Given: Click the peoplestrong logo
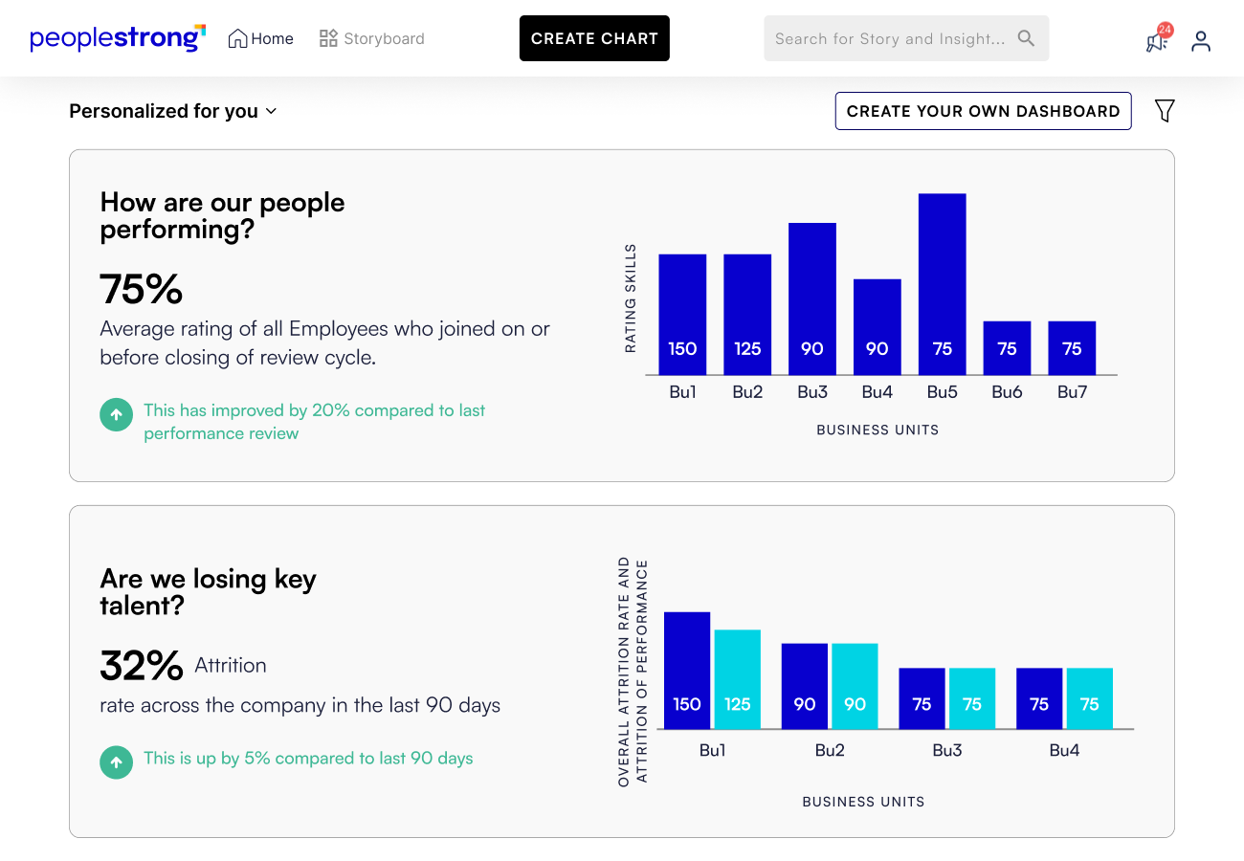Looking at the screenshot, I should coord(118,38).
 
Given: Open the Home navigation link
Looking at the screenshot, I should coord(260,38).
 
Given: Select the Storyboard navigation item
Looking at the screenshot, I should coord(371,38).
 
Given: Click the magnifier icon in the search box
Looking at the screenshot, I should coord(1026,38).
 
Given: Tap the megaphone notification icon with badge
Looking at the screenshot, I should coord(1157,40).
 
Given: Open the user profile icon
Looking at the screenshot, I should coord(1201,40).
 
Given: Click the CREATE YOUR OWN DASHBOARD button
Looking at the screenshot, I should coord(983,111).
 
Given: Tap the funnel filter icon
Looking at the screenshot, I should coord(1164,111).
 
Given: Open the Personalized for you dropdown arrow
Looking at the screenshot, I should coord(271,111).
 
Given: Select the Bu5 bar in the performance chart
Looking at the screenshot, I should coord(942,284).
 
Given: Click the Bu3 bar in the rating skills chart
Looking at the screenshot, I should coord(811,298).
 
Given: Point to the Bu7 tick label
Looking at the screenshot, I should coord(1072,392).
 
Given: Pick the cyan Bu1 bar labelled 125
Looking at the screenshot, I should coord(737,679).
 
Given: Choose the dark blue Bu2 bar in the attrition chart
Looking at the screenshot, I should coord(804,686).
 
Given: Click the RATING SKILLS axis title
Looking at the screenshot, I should coord(631,298).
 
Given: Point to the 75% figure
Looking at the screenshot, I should coord(142,289).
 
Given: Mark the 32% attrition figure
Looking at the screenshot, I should coord(142,666).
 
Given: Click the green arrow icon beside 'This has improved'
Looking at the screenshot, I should coord(116,415).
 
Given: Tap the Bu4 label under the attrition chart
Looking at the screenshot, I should coord(1064,751).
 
